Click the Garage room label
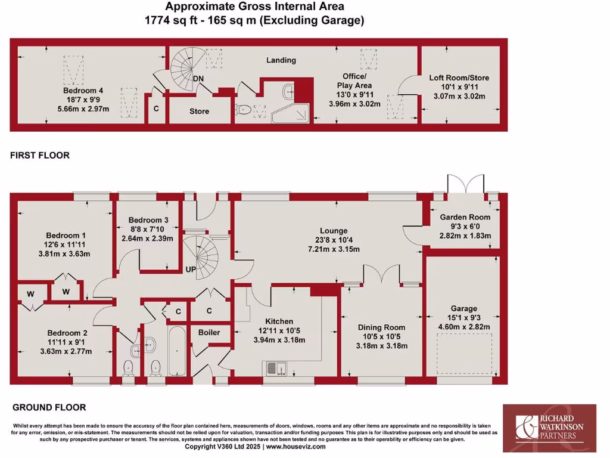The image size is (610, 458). point(463,308)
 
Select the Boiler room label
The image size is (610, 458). point(209,332)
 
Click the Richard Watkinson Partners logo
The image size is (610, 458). point(549,428)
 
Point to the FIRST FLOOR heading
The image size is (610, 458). point(40,155)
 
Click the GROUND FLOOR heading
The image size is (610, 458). point(49,407)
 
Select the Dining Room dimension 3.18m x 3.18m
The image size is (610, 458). point(381,345)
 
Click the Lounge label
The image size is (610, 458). point(333,231)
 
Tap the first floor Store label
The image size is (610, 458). point(199,111)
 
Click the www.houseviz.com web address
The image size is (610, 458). point(295,447)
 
